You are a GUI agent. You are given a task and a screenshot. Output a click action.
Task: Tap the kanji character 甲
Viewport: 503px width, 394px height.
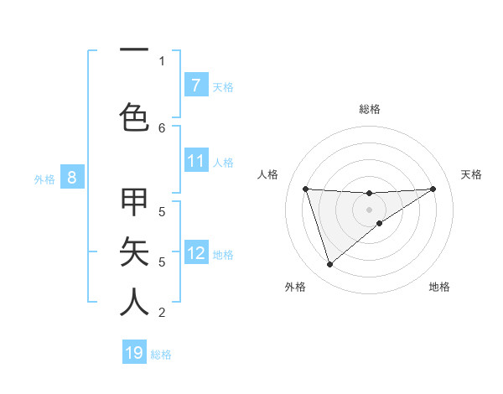point(135,203)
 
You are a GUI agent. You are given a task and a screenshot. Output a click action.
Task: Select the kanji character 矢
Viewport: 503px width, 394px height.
point(135,251)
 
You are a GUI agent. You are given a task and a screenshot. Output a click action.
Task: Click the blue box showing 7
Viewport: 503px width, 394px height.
point(195,85)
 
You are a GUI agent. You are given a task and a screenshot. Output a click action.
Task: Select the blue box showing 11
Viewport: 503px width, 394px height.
point(195,161)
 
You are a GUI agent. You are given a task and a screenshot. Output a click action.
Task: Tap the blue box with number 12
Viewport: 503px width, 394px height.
point(195,253)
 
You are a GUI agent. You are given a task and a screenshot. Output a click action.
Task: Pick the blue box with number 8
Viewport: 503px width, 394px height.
point(72,178)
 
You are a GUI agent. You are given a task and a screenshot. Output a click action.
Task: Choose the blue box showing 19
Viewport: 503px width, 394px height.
point(134,353)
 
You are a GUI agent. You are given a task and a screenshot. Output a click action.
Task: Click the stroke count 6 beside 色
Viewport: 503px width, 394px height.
point(162,127)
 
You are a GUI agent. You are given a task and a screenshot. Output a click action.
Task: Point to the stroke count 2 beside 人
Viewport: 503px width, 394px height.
point(162,313)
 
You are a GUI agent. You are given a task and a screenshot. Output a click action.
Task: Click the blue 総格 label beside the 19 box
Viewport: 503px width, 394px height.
point(161,354)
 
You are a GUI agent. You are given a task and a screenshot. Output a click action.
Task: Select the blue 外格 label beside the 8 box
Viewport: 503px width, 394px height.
point(44,179)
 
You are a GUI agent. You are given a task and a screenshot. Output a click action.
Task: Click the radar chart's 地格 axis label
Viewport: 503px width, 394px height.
point(439,287)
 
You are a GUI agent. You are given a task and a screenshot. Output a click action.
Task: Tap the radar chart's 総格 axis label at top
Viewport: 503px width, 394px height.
point(369,109)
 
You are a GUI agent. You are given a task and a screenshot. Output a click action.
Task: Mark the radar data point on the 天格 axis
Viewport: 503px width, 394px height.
point(433,189)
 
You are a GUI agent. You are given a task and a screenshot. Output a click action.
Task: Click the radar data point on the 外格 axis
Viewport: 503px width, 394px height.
point(329,265)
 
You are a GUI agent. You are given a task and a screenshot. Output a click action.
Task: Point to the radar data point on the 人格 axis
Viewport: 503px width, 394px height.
point(305,189)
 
